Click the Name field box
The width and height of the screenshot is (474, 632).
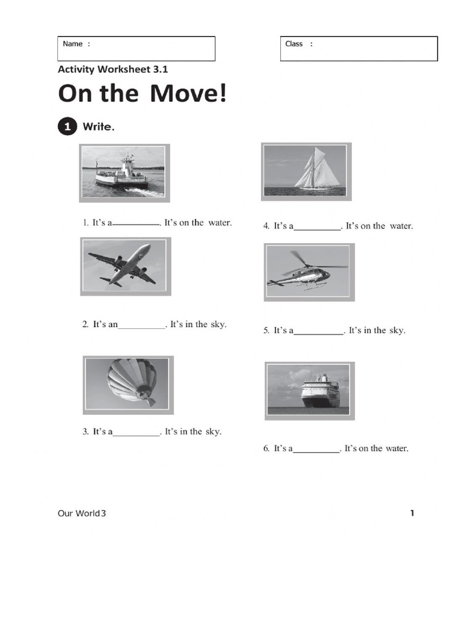[136, 48]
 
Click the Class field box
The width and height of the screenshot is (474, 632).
[359, 48]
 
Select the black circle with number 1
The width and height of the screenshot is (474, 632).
[67, 127]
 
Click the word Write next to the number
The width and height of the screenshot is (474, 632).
[99, 127]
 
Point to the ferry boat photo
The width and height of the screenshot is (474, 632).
[124, 173]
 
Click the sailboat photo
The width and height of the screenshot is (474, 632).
[306, 172]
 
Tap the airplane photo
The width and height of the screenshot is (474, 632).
[125, 267]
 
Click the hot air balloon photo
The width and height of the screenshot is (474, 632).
[128, 385]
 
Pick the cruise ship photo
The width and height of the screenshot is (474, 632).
[309, 391]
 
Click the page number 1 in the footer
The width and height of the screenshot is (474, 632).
[412, 513]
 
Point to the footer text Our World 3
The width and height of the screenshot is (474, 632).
[81, 513]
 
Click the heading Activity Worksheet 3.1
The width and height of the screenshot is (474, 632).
[113, 70]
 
